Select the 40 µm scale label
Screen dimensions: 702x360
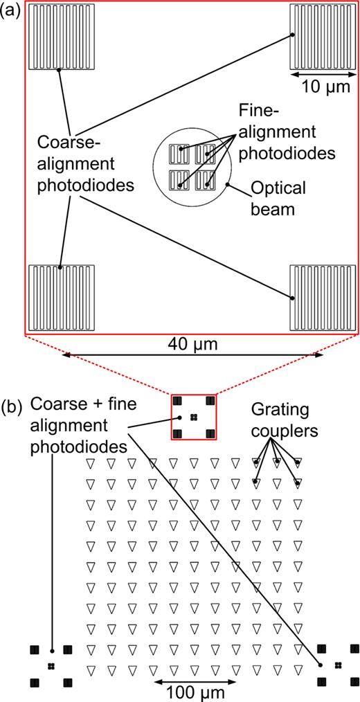(x=192, y=343)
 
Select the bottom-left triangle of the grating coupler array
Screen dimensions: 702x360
(x=89, y=669)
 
